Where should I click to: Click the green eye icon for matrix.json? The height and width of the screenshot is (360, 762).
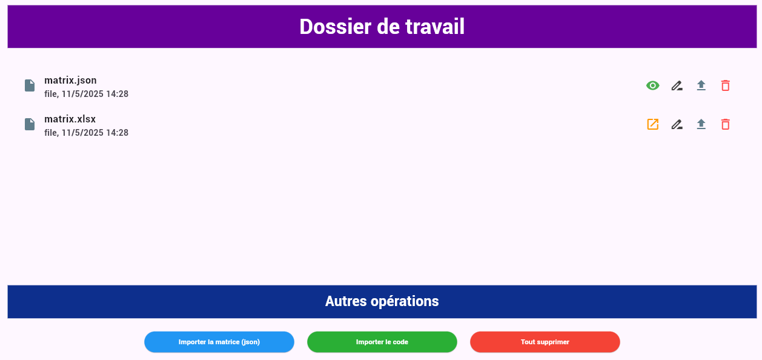tap(652, 85)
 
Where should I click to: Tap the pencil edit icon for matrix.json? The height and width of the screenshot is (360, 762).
tap(677, 85)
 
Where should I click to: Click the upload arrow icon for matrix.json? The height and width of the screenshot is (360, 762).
tap(701, 85)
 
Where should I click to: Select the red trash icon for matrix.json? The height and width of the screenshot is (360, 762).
tap(725, 85)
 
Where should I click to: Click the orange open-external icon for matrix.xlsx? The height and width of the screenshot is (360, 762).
tap(652, 124)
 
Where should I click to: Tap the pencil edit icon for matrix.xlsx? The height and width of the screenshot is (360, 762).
tap(677, 124)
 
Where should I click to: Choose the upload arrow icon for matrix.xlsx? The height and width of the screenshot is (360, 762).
tap(701, 124)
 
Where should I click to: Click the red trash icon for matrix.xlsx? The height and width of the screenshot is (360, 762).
tap(725, 124)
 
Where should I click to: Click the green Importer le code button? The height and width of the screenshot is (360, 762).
tap(382, 342)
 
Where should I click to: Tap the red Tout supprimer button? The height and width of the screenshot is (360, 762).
tap(545, 342)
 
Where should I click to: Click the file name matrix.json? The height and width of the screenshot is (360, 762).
tap(70, 80)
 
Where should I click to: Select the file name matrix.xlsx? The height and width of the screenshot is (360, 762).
tap(70, 119)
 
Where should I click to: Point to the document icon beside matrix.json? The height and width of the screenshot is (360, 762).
tap(30, 85)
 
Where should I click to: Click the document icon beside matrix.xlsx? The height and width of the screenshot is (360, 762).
tap(30, 124)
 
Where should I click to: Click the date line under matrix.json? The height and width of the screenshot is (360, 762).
tap(87, 94)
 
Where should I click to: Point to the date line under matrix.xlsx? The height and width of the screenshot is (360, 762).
tap(87, 133)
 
